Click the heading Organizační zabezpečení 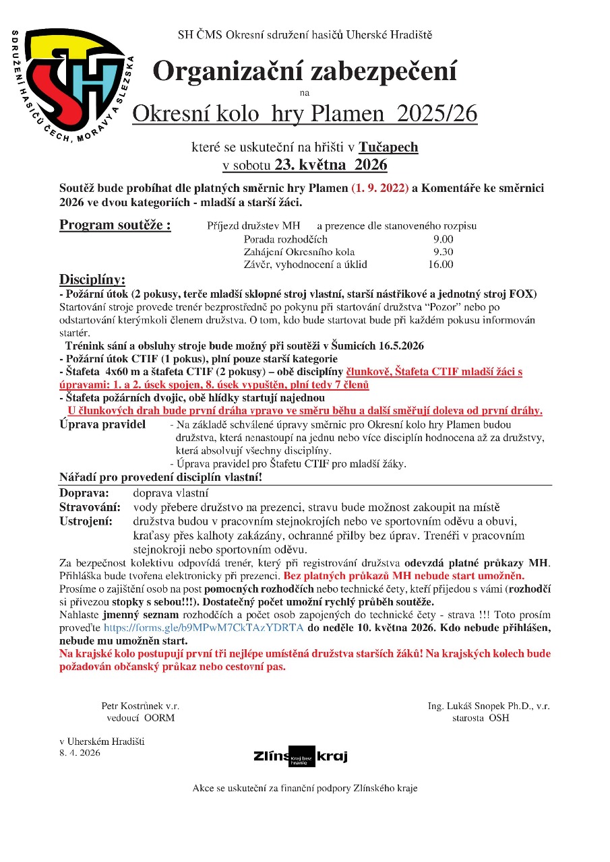(x=305, y=71)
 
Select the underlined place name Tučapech (x=388, y=147)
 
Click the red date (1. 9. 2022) (x=380, y=189)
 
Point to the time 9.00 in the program (x=443, y=239)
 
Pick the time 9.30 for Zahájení (x=443, y=252)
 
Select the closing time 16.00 (x=440, y=265)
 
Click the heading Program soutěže (x=115, y=225)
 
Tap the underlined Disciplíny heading (x=92, y=279)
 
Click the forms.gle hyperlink (x=204, y=628)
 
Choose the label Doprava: (x=84, y=494)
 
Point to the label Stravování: (x=90, y=507)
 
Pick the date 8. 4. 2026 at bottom (x=80, y=753)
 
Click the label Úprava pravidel (x=102, y=425)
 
